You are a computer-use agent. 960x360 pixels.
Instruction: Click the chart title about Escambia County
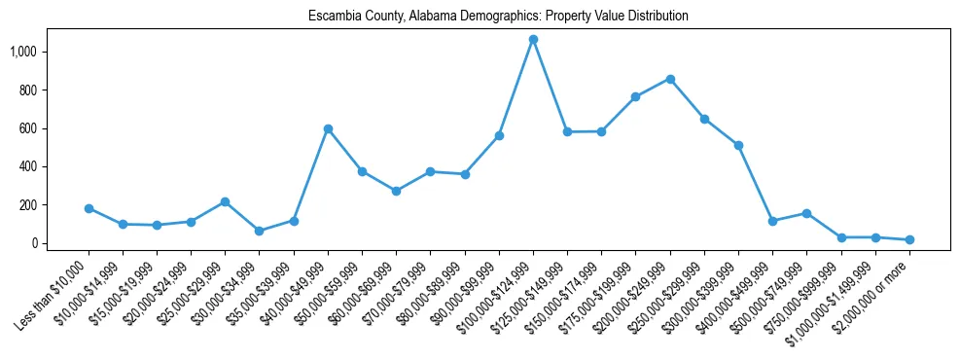click(x=498, y=17)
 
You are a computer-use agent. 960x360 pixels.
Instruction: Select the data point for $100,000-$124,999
click(x=533, y=40)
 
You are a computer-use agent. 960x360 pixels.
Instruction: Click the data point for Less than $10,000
click(x=89, y=208)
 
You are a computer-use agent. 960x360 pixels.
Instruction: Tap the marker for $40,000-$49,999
click(x=328, y=128)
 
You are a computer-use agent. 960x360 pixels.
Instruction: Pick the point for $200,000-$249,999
click(x=670, y=79)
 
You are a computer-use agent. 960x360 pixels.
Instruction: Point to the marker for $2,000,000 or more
click(x=909, y=239)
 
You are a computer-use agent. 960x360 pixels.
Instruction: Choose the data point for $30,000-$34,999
click(x=260, y=232)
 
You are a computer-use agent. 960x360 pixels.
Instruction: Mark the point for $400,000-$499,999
click(x=772, y=221)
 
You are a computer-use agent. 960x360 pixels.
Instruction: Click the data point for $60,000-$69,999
click(x=396, y=191)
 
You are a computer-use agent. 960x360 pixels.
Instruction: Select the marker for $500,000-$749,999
click(x=806, y=213)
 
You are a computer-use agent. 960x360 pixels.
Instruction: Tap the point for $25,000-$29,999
click(x=226, y=201)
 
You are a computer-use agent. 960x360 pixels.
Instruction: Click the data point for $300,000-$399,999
click(x=738, y=145)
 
